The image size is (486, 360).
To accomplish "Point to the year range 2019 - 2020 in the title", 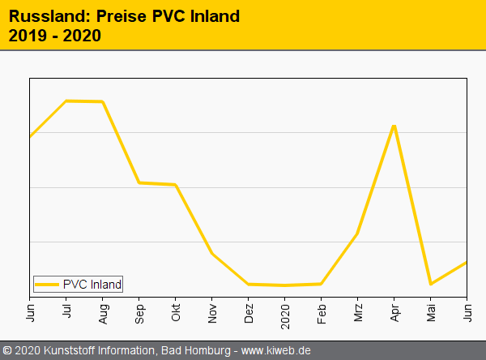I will point(54,36).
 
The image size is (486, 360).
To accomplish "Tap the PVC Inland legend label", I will point(92,285).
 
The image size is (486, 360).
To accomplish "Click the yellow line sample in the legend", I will point(48,285).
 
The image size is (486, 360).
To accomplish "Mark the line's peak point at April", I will point(394,126).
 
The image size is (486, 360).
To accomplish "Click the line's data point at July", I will point(66,101).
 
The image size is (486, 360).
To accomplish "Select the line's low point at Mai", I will point(430,284).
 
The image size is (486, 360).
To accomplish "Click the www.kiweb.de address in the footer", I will point(276,351).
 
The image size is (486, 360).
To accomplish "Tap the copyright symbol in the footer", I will point(7,351).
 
